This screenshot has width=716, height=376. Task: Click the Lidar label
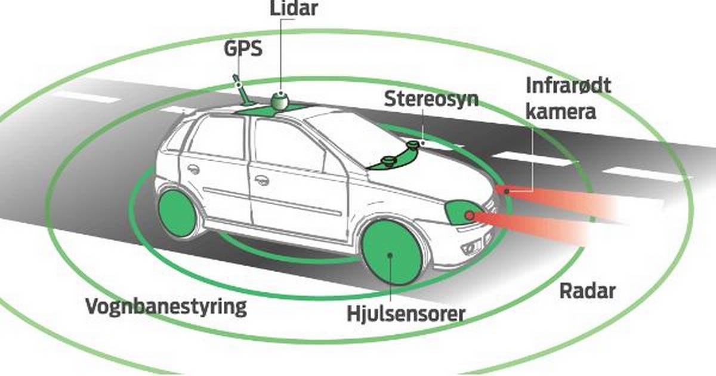coord(294,8)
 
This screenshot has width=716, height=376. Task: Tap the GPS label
coord(243,48)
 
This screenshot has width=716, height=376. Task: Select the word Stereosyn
coord(431,99)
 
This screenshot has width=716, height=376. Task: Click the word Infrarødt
coord(568,86)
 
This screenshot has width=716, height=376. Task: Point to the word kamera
coord(561,112)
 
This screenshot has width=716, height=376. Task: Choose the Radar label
coord(588,291)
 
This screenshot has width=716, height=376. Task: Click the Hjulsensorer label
coord(406,314)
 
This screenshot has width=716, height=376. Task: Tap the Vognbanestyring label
coord(166,307)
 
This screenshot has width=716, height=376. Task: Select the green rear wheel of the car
coord(177,214)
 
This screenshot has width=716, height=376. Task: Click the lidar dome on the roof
coord(280,100)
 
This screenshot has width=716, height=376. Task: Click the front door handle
coord(262,180)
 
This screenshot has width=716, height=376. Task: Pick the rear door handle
coord(193,169)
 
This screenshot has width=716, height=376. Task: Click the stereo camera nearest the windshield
coord(388,161)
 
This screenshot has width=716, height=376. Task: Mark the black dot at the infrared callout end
coord(507,192)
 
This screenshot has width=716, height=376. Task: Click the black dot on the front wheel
coord(390,255)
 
